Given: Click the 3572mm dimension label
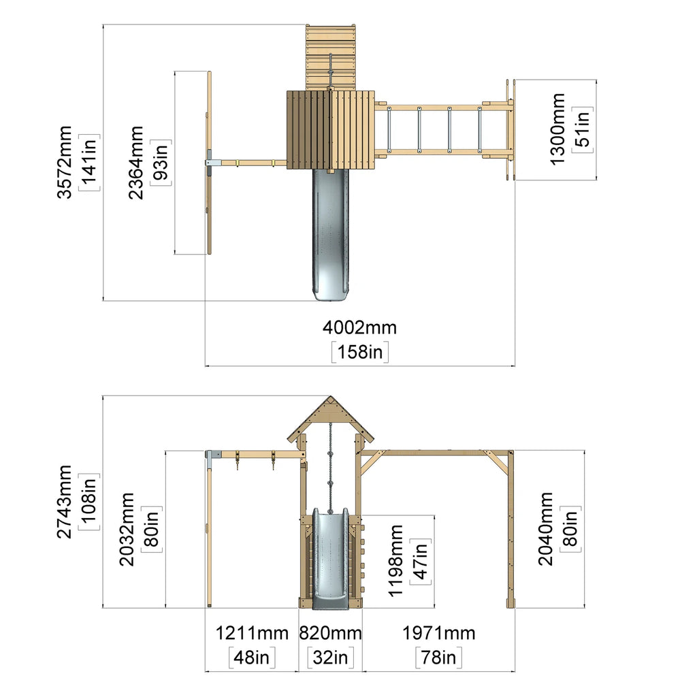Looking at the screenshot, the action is tap(65, 162).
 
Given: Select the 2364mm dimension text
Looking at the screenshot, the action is tap(136, 163).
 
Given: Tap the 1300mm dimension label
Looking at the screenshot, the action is tap(557, 129).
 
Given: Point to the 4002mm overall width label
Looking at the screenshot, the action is tap(359, 327).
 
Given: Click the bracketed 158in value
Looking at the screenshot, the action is tap(360, 352).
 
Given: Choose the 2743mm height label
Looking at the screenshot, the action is tap(65, 502).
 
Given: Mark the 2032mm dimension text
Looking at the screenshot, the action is tap(127, 529).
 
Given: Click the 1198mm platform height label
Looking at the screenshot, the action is tap(395, 561).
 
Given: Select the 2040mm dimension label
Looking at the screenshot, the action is tap(545, 529).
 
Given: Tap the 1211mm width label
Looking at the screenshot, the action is tap(252, 633).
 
